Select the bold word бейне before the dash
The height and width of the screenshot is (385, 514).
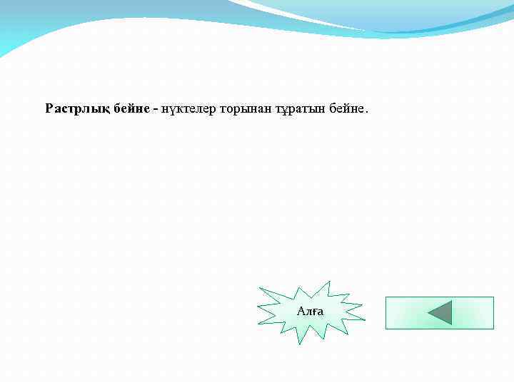pos(131,109)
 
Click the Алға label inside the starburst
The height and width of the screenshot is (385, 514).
pos(310,312)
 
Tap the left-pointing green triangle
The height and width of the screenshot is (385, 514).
pos(442,313)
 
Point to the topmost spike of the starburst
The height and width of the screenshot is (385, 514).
pos(330,282)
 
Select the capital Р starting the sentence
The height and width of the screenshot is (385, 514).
pos(49,109)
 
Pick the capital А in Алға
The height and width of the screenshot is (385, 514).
pos(301,312)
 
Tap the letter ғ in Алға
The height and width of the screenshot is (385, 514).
pos(313,312)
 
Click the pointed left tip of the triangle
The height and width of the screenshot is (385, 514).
pos(428,313)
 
